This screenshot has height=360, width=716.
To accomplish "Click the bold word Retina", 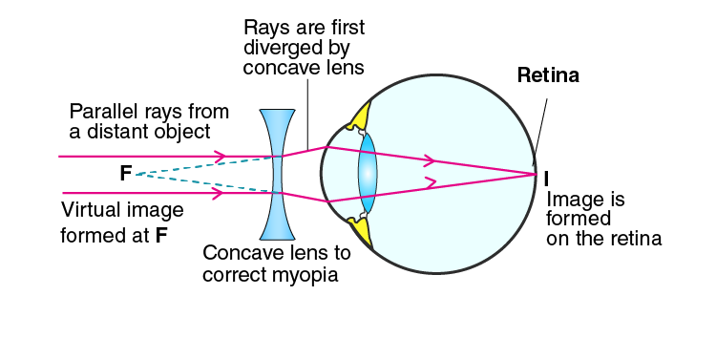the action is tap(548, 74).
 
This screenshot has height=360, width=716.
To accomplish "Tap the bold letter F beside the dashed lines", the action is tap(126, 174).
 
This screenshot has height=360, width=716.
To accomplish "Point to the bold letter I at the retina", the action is tap(547, 180).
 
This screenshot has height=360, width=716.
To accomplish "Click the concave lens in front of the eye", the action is tap(277, 175).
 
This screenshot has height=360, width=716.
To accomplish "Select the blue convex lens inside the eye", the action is tap(368, 173).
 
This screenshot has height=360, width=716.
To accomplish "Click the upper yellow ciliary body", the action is tap(359, 116).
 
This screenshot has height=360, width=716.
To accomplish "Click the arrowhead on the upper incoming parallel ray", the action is tap(221, 157).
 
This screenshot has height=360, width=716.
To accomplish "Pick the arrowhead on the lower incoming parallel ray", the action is tap(218, 193).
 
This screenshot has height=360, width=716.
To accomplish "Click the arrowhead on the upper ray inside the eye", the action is tap(430, 160).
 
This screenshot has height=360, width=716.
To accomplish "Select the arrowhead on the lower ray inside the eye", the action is tap(431, 182).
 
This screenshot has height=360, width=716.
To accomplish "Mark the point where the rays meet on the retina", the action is tap(537, 174).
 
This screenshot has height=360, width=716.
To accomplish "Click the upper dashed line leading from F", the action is tap(205, 165).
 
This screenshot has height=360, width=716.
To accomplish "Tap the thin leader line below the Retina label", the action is tap(540, 126).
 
